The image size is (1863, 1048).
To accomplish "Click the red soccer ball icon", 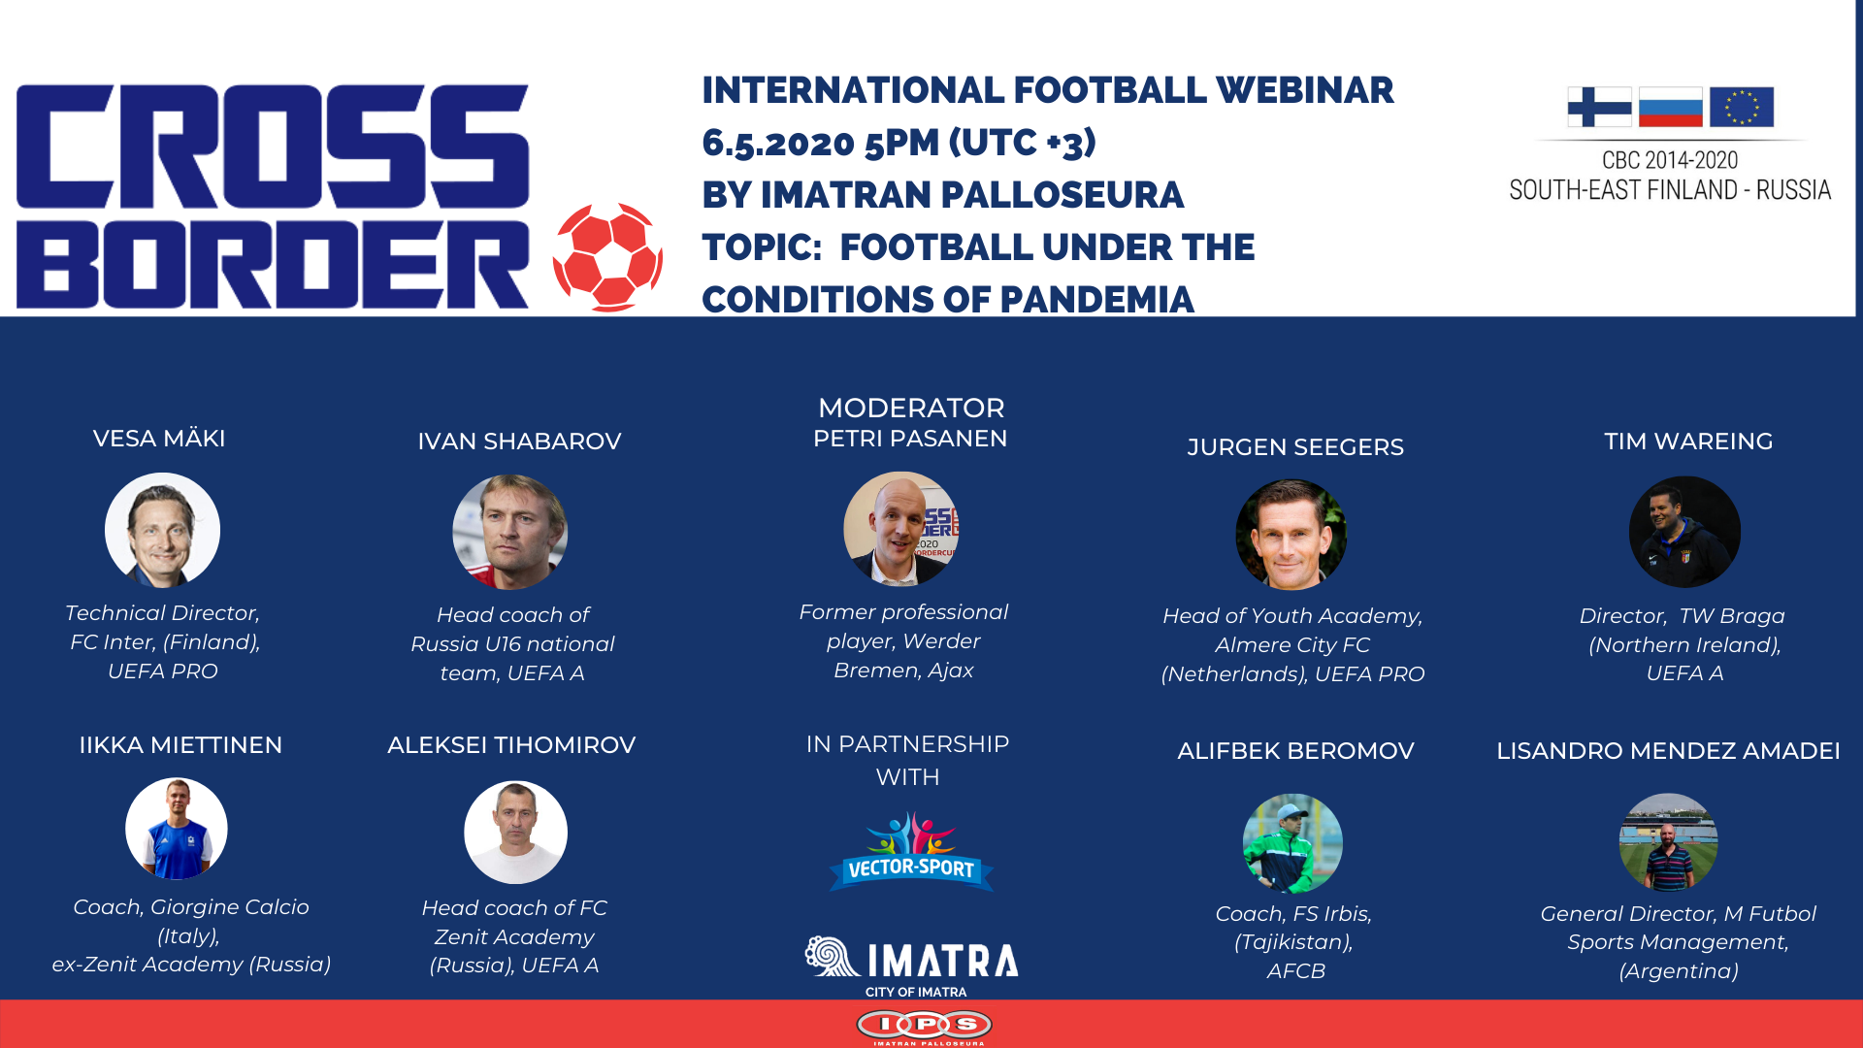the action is click(608, 257).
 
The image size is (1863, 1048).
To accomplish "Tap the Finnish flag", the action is click(1599, 107).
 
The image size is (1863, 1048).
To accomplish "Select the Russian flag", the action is click(1670, 107).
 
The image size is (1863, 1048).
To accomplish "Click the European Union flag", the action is click(1742, 107).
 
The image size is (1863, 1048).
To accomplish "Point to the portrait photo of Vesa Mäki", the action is click(162, 530).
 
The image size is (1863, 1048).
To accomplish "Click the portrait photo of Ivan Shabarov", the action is click(509, 532).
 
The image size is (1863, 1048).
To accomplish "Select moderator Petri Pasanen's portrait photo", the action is click(900, 529).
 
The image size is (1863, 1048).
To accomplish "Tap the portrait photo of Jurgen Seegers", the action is click(1291, 534).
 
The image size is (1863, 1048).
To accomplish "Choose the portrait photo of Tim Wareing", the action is click(1684, 532).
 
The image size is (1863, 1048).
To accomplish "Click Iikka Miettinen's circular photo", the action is click(177, 829).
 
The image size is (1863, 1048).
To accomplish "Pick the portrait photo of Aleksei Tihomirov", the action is click(515, 833).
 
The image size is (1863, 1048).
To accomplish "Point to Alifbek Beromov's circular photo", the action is click(1292, 843).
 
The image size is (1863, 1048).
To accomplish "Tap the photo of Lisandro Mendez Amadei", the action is click(1668, 842).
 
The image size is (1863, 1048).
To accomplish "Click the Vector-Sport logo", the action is click(911, 852).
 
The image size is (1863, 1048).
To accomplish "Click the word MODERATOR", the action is click(911, 408).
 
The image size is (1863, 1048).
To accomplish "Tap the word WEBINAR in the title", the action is click(1305, 90).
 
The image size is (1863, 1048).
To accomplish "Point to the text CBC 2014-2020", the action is click(1670, 160).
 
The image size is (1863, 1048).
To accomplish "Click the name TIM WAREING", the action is click(1688, 442).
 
